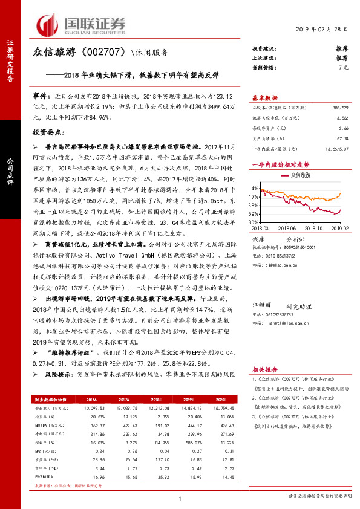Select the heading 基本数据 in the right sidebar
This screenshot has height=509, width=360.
[x=264, y=97]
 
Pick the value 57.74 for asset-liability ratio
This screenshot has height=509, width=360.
[x=342, y=138]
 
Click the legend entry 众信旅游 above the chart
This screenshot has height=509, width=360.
[x=299, y=174]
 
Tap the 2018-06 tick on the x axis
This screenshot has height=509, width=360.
[x=289, y=229]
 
